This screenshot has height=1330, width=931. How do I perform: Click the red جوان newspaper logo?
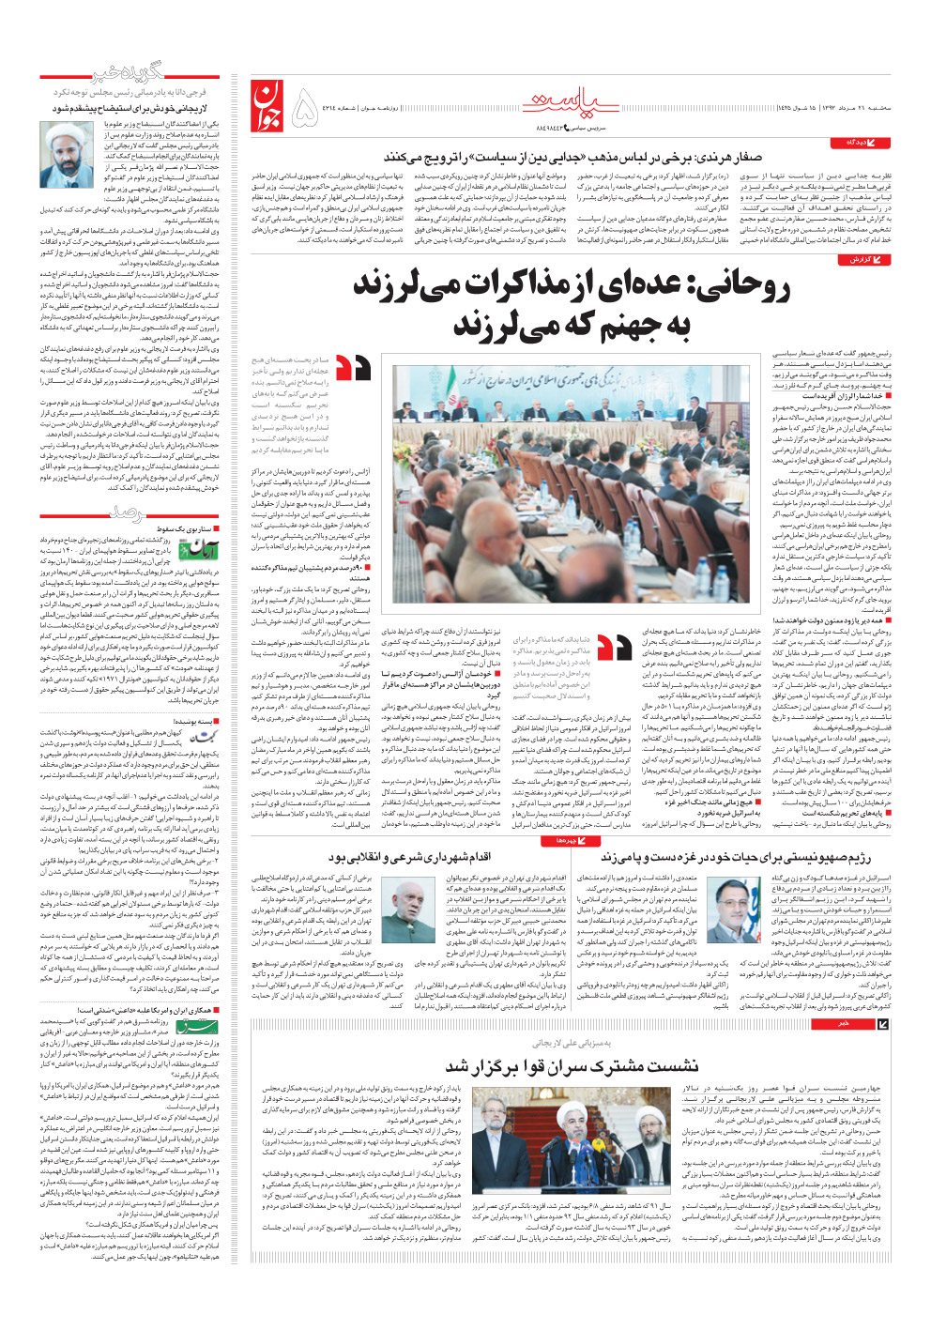click(x=267, y=105)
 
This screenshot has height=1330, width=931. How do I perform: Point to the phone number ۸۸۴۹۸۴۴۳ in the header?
click(x=549, y=126)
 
